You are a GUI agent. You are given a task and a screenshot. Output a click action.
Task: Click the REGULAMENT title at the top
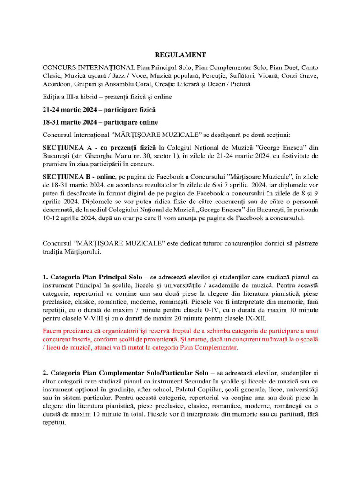click(180, 55)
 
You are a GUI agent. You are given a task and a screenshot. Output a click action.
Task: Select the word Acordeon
click(56, 84)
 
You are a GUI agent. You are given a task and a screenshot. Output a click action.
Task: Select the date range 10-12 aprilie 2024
click(68, 218)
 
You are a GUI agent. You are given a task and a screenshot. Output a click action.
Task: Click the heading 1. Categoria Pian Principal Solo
click(92, 277)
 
